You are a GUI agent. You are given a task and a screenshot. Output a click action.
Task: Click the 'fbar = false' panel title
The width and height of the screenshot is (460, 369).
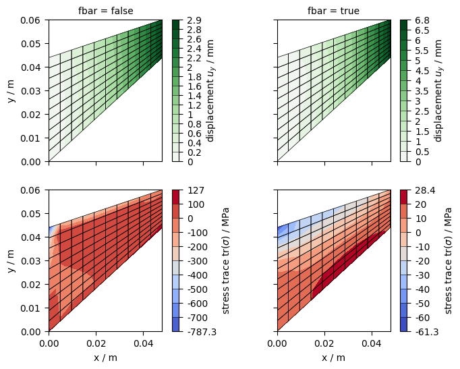pos(105,11)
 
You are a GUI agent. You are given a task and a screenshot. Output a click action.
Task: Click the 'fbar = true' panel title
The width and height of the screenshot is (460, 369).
pos(333,11)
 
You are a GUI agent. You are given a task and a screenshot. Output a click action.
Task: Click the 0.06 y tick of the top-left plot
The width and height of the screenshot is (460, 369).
pos(32,20)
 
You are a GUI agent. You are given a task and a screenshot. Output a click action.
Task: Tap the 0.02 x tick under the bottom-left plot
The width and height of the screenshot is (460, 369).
pos(96,343)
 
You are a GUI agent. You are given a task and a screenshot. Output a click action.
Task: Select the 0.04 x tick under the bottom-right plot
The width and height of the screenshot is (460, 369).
pos(372,343)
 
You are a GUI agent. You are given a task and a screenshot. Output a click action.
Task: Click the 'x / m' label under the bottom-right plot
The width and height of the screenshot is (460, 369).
pos(333,358)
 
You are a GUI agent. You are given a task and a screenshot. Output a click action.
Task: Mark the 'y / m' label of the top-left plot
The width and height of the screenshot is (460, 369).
pos(10,91)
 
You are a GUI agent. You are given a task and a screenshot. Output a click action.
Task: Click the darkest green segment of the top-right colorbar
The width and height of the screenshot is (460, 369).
pos(404,25)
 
